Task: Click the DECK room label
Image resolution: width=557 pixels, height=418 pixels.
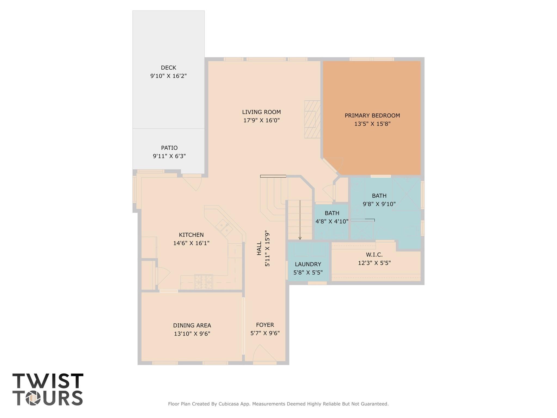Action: click(168, 68)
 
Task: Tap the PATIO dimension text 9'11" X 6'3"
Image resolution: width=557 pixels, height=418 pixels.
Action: click(169, 156)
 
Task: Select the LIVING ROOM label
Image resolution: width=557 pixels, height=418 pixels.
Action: click(261, 112)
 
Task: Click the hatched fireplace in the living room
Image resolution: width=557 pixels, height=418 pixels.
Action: click(312, 119)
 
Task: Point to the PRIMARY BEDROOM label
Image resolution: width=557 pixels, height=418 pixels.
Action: click(372, 115)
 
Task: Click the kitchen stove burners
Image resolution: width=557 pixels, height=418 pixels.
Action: click(203, 282)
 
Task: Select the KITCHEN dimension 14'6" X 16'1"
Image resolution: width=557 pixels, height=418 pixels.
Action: click(191, 243)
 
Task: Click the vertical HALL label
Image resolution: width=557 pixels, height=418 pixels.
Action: click(259, 248)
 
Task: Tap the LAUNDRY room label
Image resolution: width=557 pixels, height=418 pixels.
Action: click(308, 264)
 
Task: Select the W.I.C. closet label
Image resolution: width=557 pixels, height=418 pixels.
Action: click(374, 255)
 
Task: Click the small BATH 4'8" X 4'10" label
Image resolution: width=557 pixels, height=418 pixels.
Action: click(332, 217)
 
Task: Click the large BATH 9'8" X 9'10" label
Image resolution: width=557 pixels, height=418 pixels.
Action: click(379, 200)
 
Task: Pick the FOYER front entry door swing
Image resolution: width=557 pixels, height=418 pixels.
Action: click(263, 354)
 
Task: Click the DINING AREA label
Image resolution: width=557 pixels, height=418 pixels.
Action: click(192, 325)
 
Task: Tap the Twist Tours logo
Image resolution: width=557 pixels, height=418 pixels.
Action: click(48, 389)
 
